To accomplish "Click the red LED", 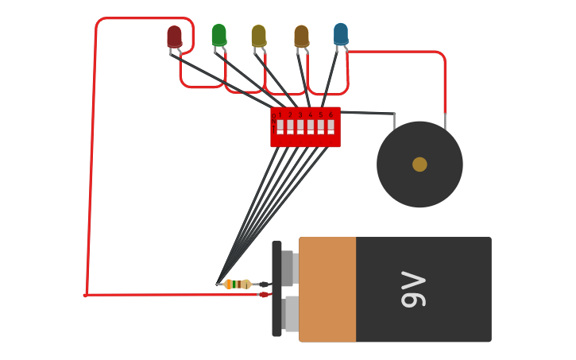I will coord(174,37).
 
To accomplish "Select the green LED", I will coord(218,35).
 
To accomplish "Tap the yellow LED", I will coord(258,36).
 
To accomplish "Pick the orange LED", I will coord(301,36).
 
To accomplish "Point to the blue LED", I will coord(341,33).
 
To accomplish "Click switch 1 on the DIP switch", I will coord(280,126).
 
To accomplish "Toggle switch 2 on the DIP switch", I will coord(290,126).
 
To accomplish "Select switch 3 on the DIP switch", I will coord(300,126).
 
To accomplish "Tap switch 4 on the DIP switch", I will coord(311,126).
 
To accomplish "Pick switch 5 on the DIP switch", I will coord(321,126).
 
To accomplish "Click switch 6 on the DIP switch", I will coord(331,126).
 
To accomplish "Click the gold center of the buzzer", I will coord(419,165).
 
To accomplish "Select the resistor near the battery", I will coord(237,284).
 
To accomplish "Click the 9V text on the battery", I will coord(413,289).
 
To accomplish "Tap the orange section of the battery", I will coord(327,289).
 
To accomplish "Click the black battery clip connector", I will coord(265,285).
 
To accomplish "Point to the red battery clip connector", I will coord(264,295).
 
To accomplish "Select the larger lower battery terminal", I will coord(292,313).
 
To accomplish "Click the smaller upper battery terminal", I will coord(289,268).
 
